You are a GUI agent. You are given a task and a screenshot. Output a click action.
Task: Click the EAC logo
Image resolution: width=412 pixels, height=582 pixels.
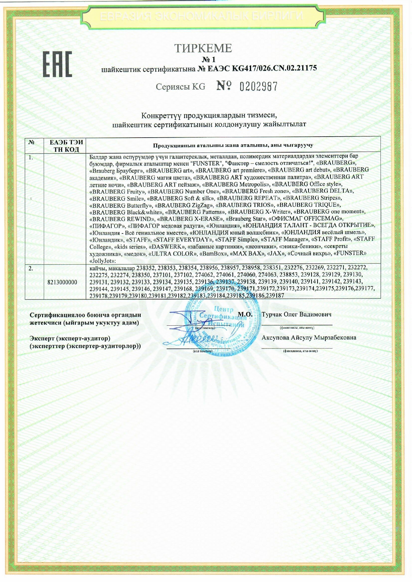pyautogui.click(x=57, y=65)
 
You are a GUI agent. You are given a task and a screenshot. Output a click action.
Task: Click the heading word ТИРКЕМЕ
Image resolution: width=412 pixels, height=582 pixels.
pyautogui.click(x=203, y=48)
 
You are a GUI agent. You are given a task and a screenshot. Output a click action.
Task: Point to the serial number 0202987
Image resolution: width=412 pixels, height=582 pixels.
pyautogui.click(x=258, y=87)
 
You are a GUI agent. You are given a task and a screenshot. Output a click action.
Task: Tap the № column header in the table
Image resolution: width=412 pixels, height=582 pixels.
pyautogui.click(x=32, y=142)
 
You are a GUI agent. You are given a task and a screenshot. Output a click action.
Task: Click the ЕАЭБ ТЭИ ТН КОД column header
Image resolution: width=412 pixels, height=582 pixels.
pyautogui.click(x=66, y=146)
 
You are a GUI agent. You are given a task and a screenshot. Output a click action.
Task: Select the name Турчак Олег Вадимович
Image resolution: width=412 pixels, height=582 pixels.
pyautogui.click(x=296, y=314)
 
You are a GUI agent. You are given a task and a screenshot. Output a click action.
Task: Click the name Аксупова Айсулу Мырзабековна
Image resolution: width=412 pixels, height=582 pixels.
pyautogui.click(x=309, y=338)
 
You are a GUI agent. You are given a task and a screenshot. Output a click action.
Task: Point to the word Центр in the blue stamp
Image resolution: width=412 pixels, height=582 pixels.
pyautogui.click(x=224, y=309)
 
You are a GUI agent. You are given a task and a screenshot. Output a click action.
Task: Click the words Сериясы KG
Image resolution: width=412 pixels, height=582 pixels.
pyautogui.click(x=180, y=87)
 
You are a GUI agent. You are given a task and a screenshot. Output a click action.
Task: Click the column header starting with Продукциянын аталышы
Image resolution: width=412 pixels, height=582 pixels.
pyautogui.click(x=233, y=145)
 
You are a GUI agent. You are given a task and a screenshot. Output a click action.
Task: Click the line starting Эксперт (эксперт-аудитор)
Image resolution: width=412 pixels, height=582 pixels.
pyautogui.click(x=70, y=338)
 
